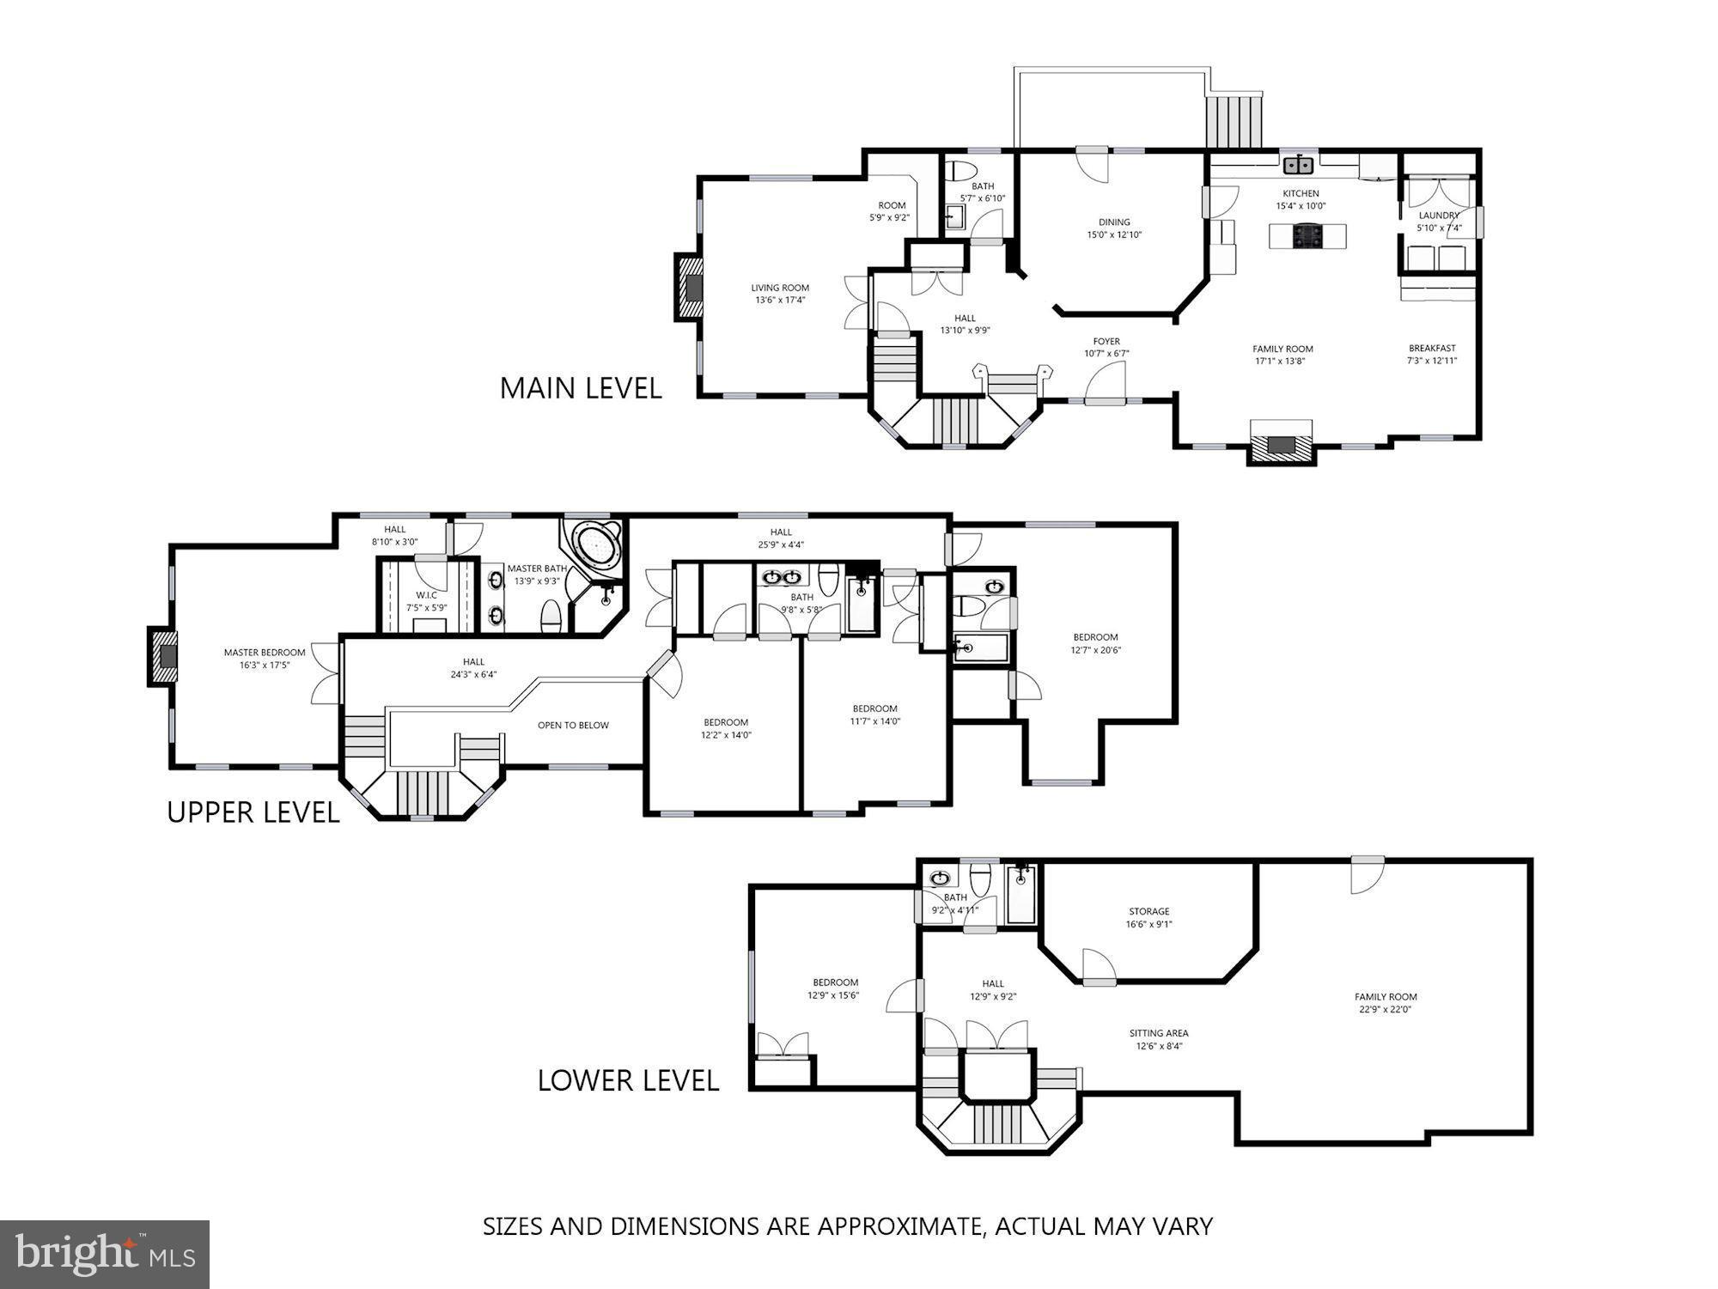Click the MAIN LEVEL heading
click(x=581, y=388)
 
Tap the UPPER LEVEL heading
click(x=253, y=812)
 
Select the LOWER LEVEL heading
click(x=628, y=1080)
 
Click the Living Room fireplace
click(x=690, y=288)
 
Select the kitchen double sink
click(x=1297, y=164)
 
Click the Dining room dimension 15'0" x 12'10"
click(x=1114, y=234)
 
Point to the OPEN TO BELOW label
click(x=573, y=725)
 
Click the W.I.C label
click(x=427, y=595)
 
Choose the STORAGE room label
click(x=1148, y=911)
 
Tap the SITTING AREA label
click(x=1159, y=1033)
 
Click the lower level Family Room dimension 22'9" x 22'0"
click(x=1385, y=1010)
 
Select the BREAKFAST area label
click(x=1432, y=348)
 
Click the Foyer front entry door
click(x=1105, y=384)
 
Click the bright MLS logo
click(x=104, y=1255)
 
